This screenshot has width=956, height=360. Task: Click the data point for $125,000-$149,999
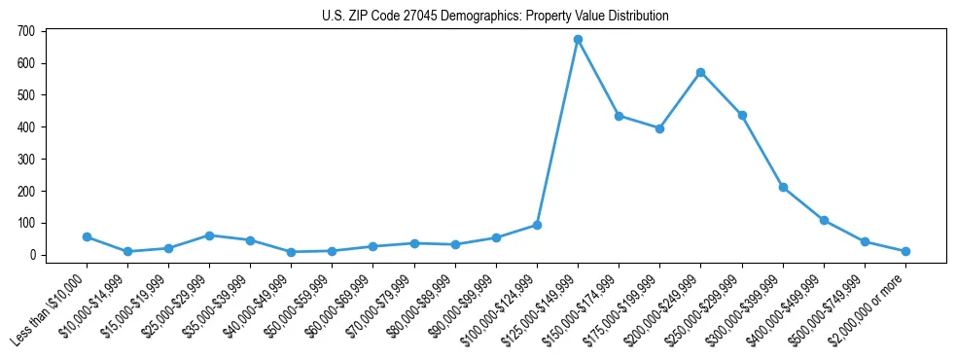point(578,40)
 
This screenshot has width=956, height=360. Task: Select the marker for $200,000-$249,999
point(700,72)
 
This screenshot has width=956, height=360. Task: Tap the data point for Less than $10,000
point(87,236)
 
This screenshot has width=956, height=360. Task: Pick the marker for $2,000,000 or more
point(905,251)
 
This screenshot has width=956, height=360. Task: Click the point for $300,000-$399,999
point(783,187)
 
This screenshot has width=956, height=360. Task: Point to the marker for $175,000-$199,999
point(659,128)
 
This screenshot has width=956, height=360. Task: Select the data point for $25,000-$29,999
point(209,235)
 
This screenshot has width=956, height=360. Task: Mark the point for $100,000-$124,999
point(537,225)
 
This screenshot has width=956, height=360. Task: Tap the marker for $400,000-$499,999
point(824,220)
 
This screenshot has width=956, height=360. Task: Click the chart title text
point(495,17)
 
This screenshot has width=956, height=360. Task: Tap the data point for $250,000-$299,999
point(742,115)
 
